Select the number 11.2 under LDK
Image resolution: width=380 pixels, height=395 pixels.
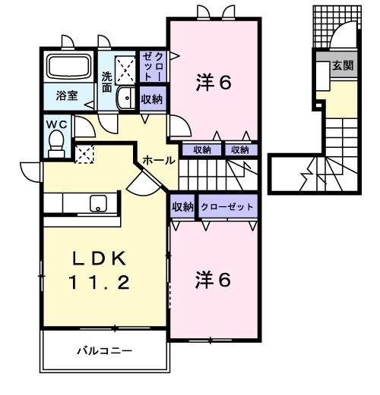click(x=102, y=284)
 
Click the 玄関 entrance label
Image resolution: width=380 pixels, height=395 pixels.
click(x=341, y=66)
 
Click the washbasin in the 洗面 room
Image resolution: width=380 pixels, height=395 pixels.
click(x=125, y=97)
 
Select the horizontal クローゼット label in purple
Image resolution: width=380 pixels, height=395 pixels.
click(x=227, y=206)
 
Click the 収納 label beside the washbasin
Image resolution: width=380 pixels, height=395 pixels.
click(x=151, y=99)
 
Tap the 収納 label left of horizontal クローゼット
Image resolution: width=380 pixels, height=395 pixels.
click(x=182, y=206)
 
